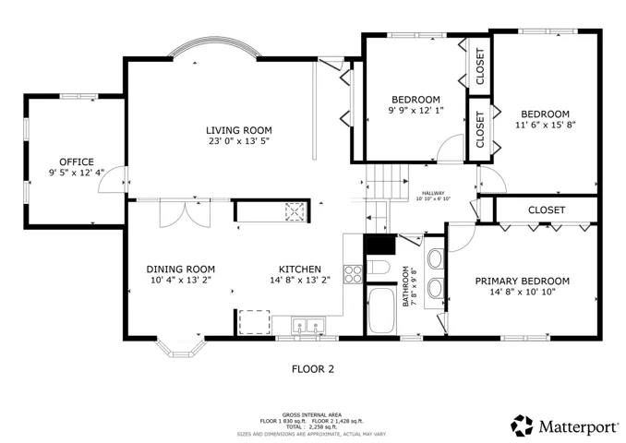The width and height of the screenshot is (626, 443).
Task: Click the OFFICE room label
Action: [77, 162]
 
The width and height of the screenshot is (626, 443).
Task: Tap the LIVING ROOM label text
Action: [239, 130]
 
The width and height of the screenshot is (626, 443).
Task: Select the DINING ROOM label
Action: [180, 269]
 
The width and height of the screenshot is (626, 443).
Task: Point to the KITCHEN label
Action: [300, 269]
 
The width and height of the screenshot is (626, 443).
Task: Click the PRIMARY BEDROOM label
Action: [523, 281]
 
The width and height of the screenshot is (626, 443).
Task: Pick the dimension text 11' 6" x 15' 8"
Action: [546, 125]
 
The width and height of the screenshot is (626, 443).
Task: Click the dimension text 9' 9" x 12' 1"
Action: [416, 110]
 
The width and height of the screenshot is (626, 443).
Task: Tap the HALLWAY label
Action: [433, 193]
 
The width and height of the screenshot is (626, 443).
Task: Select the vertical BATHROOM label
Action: [405, 286]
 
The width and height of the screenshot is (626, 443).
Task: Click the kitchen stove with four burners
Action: [354, 274]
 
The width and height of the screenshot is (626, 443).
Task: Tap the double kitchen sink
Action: [307, 325]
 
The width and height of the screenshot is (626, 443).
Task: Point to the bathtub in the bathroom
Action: [381, 310]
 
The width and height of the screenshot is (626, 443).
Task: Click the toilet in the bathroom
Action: [378, 267]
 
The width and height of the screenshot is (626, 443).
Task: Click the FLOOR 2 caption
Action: [313, 369]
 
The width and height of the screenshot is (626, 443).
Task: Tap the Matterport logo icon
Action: [522, 425]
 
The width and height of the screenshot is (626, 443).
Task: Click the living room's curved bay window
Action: [215, 41]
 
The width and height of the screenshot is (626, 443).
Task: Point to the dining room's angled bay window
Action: [180, 353]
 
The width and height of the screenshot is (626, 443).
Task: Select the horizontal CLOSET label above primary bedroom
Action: [547, 210]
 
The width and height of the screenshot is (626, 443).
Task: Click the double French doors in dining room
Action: [185, 213]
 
